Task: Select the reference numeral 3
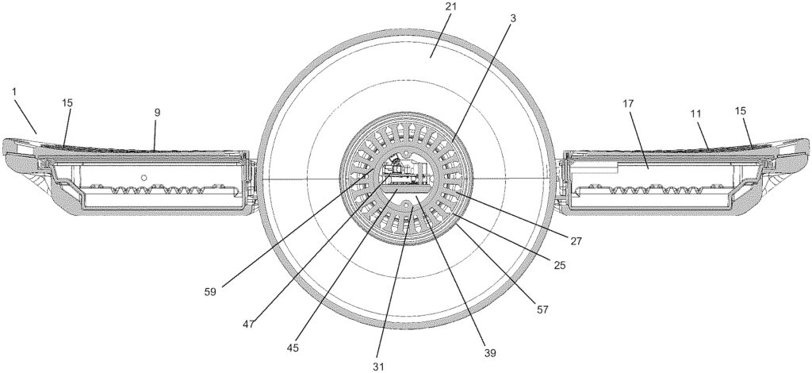513,19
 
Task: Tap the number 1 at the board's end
14,91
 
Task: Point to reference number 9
158,113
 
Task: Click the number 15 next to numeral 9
67,102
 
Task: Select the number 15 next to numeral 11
741,111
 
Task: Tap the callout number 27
576,240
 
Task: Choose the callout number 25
559,265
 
